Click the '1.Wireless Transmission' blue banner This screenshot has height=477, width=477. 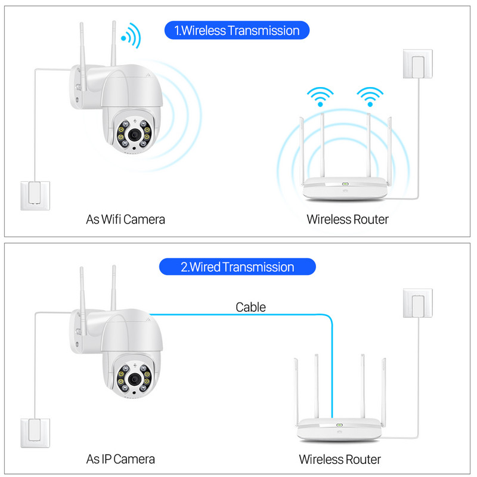[x=237, y=30]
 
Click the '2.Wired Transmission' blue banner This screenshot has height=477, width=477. [x=237, y=266]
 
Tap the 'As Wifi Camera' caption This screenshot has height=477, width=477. [x=125, y=219]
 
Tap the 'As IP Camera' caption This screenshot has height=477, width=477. [x=120, y=459]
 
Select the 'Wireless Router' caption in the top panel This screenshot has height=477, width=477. [x=347, y=219]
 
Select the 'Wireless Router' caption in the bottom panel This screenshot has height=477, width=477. [x=339, y=459]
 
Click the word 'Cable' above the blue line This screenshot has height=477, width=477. [x=250, y=307]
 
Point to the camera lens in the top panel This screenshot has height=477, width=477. [x=146, y=136]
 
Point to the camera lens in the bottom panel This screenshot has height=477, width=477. [x=146, y=377]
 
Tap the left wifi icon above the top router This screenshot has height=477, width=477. [x=321, y=96]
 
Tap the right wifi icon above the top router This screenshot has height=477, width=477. [x=370, y=96]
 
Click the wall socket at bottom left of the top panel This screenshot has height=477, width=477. [x=35, y=195]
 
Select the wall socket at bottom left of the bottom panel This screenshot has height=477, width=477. [x=35, y=433]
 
